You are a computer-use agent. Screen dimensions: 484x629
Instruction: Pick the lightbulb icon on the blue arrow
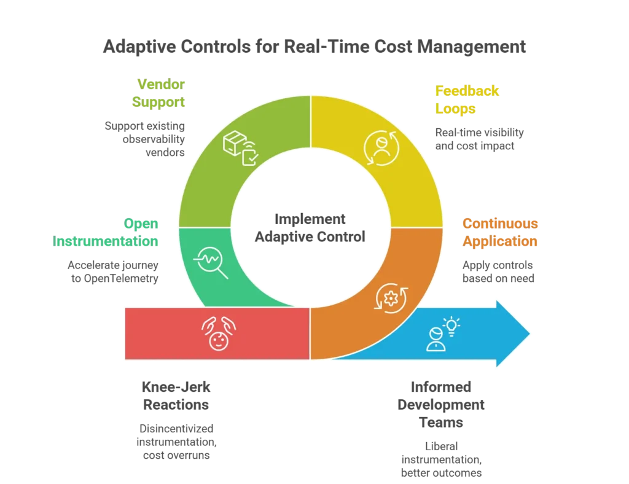(x=453, y=326)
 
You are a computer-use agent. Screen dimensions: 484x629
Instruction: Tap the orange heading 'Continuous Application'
(x=500, y=232)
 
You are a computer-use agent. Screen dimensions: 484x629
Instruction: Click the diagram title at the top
(x=314, y=47)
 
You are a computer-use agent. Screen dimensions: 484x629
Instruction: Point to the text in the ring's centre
(x=310, y=227)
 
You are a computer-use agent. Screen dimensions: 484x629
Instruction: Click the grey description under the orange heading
(x=499, y=271)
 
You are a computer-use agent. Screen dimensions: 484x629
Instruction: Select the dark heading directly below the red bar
(x=176, y=396)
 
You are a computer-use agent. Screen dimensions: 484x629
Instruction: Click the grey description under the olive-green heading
(x=146, y=139)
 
